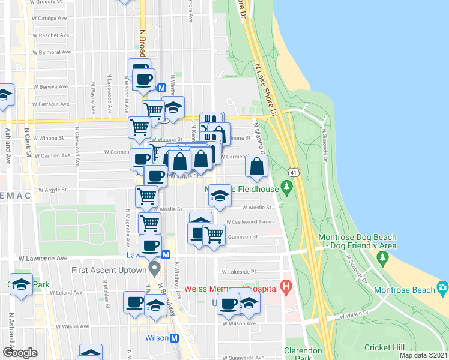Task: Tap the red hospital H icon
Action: pos(286,287)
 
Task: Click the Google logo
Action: pos(20,353)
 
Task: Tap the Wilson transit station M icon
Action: pos(175,338)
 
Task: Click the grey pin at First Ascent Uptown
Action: pos(155,266)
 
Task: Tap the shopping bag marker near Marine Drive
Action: pos(256,167)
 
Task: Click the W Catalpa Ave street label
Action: pos(50,18)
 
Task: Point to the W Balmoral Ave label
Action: pos(50,52)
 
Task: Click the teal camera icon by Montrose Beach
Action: pos(442,287)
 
